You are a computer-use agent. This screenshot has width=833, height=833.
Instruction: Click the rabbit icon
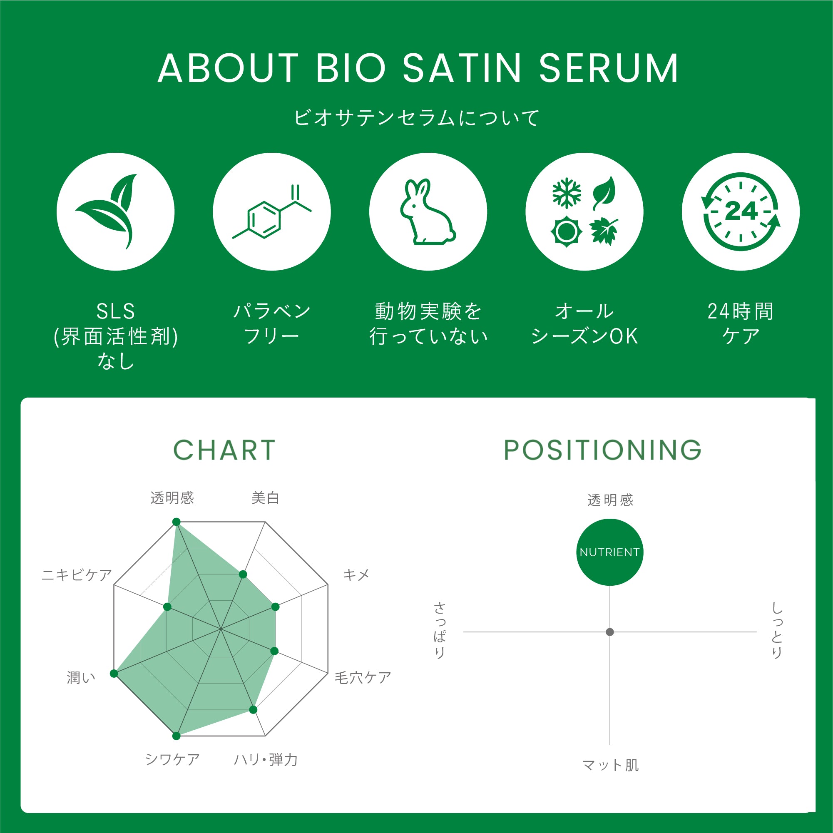pos(428,212)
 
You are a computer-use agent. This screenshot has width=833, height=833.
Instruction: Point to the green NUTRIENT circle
pos(609,552)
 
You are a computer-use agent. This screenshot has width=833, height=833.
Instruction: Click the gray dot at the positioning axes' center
pos(609,632)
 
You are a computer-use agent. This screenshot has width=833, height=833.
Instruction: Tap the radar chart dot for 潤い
pos(114,674)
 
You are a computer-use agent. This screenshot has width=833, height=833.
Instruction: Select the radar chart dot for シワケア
pos(176,736)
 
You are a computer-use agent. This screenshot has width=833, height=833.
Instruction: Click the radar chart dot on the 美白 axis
pos(243,574)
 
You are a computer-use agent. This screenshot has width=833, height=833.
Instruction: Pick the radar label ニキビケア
pos(77,575)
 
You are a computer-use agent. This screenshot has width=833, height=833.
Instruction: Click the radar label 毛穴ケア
pos(363,678)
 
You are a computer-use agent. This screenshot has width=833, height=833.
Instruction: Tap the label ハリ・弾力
pos(266,760)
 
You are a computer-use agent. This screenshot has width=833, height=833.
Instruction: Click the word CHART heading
pos(224,450)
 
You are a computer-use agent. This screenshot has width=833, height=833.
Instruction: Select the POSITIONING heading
pos(603,450)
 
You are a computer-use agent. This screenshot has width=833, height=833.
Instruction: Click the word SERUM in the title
pos(609,68)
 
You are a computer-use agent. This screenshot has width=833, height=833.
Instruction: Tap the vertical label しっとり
pos(777,631)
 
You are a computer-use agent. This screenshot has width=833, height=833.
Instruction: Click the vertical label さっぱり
pos(440,631)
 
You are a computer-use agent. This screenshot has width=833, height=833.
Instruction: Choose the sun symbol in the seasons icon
pos(567,232)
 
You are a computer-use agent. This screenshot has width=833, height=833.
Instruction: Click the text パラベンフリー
pos(271,323)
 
